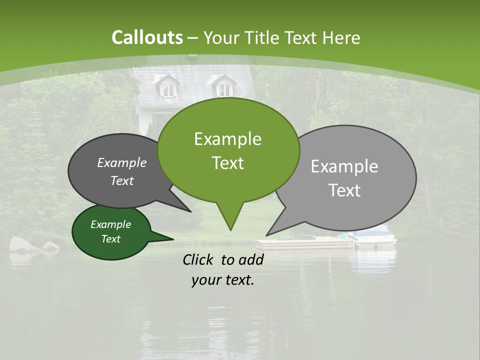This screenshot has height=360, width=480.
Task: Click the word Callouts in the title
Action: (x=147, y=37)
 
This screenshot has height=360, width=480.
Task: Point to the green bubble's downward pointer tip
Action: (x=230, y=229)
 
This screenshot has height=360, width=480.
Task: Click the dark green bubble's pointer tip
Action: (x=172, y=238)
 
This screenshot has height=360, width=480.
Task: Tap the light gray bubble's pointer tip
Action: (x=267, y=234)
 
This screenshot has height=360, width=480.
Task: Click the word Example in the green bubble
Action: (x=227, y=139)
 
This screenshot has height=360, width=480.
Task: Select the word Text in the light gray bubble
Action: (x=344, y=190)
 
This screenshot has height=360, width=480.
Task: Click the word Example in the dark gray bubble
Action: (x=121, y=163)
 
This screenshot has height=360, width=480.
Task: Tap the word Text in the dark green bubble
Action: (x=111, y=239)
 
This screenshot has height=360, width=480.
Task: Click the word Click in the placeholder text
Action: (x=198, y=259)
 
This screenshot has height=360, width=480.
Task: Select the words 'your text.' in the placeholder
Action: (x=222, y=280)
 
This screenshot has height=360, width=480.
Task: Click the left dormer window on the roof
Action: (x=168, y=88)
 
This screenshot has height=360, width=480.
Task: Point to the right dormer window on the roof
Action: (x=225, y=88)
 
